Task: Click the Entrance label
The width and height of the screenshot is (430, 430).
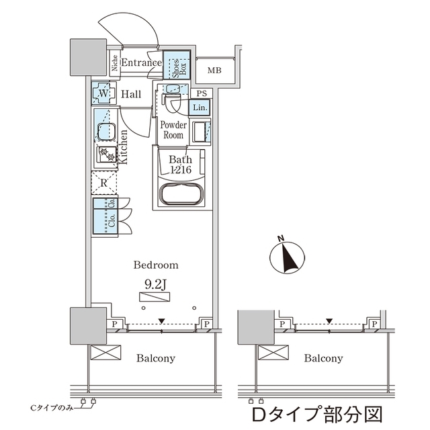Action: tap(141, 63)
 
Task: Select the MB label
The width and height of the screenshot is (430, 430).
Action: tap(214, 71)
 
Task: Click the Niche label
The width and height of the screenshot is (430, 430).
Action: tap(114, 64)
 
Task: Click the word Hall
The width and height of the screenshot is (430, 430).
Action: tap(131, 94)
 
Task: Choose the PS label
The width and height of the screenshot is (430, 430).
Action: tap(201, 93)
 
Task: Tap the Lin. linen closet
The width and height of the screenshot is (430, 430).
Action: tap(200, 107)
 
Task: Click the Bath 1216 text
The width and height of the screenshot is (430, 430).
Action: tap(181, 165)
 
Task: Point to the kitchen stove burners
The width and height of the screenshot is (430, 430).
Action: tap(106, 155)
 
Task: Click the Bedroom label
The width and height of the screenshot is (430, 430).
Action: tap(155, 264)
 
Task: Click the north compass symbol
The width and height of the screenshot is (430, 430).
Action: tap(286, 256)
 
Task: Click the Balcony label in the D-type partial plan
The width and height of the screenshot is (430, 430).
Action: tap(323, 358)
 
